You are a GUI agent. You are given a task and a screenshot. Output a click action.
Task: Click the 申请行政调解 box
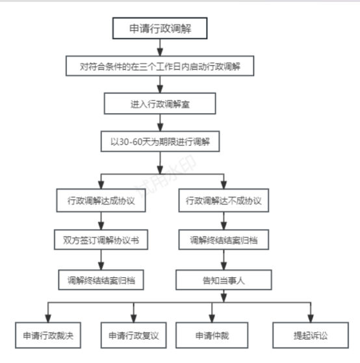pyautogui.click(x=160, y=28)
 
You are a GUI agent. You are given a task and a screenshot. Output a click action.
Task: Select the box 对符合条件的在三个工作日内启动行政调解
pyautogui.click(x=160, y=66)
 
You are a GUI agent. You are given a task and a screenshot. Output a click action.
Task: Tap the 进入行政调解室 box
pyautogui.click(x=160, y=103)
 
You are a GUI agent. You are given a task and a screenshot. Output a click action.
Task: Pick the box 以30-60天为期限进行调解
pyautogui.click(x=160, y=141)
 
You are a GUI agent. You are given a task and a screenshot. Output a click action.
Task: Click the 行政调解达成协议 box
pyautogui.click(x=101, y=200)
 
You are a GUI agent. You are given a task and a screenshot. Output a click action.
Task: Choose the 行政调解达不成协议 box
pyautogui.click(x=224, y=200)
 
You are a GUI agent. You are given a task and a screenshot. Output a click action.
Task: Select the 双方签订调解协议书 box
pyautogui.click(x=101, y=240)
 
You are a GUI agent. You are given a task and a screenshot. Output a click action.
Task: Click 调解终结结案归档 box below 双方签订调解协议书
pyautogui.click(x=101, y=280)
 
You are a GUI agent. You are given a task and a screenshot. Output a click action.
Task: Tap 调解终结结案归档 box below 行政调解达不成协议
pyautogui.click(x=224, y=240)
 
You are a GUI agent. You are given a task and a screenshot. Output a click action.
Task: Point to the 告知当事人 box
pyautogui.click(x=224, y=280)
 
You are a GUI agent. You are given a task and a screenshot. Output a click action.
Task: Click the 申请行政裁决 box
pyautogui.click(x=48, y=335)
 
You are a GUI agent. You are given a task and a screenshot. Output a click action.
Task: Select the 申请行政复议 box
pyautogui.click(x=134, y=335)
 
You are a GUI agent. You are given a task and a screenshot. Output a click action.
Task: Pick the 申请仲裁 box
pyautogui.click(x=212, y=335)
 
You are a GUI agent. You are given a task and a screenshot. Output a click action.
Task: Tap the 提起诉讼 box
pyautogui.click(x=311, y=335)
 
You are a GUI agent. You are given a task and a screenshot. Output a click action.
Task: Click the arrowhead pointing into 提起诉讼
pyautogui.click(x=311, y=319)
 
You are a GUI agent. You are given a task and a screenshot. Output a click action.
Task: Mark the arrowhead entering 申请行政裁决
pyautogui.click(x=48, y=319)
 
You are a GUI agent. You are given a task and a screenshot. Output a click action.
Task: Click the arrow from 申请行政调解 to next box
pyautogui.click(x=160, y=47)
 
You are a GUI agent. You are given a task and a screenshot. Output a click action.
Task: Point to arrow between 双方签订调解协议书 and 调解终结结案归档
pyautogui.click(x=101, y=260)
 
